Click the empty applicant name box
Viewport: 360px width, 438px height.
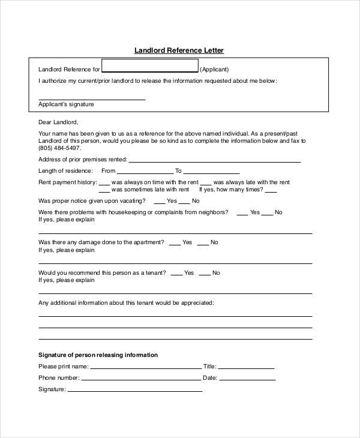[x=150, y=66]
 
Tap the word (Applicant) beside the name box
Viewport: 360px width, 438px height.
[x=214, y=70]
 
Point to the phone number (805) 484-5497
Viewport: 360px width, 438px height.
[x=60, y=148]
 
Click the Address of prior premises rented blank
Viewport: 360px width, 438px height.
[x=214, y=161]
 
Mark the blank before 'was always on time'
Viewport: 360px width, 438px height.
[x=104, y=183]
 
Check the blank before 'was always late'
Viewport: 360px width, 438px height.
[x=206, y=183]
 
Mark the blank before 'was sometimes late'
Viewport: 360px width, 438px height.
[x=104, y=191]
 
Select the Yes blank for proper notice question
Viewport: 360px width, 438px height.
[x=160, y=202]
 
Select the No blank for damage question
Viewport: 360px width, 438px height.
[x=203, y=244]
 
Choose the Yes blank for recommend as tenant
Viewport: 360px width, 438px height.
[x=176, y=274]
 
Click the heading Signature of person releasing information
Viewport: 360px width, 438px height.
[x=98, y=355]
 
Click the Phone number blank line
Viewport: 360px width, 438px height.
[x=141, y=379]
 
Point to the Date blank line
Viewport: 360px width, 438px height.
[x=247, y=379]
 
